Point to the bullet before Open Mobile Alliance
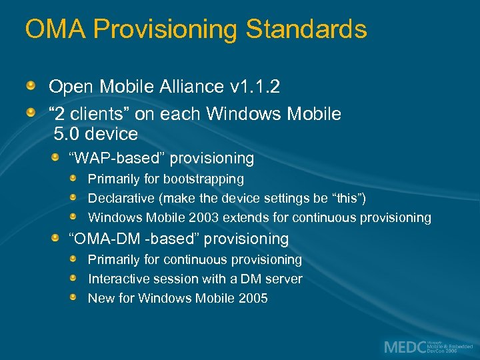pos(31,86)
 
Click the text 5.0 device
pos(96,134)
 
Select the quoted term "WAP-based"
pos(119,159)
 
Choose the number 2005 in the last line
pos(253,298)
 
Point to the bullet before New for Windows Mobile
pos(77,297)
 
